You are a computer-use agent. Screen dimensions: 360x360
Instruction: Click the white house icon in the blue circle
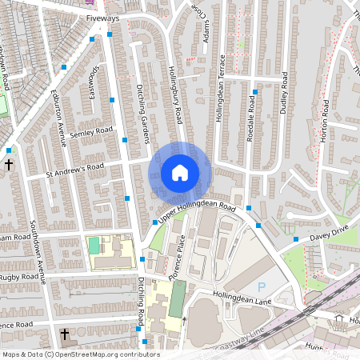(180, 172)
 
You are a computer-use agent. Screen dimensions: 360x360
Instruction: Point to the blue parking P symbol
(261, 287)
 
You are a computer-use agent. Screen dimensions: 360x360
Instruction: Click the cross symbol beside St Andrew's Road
(9, 164)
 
